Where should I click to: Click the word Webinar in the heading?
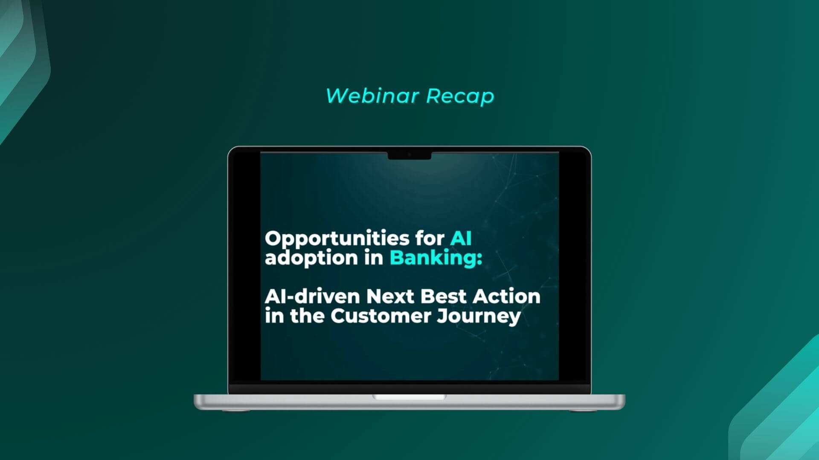[x=372, y=95]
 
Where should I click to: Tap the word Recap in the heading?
[x=460, y=96]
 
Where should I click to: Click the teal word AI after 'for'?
[x=461, y=238]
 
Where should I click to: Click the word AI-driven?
[x=312, y=296]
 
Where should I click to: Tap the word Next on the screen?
[x=390, y=296]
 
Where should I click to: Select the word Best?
[x=443, y=296]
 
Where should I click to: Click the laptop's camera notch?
[x=409, y=155]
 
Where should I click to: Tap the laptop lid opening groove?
[x=409, y=397]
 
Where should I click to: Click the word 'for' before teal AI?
[x=430, y=238]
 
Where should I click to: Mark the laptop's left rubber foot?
[x=236, y=411]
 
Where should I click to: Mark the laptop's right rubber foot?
[x=583, y=411]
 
